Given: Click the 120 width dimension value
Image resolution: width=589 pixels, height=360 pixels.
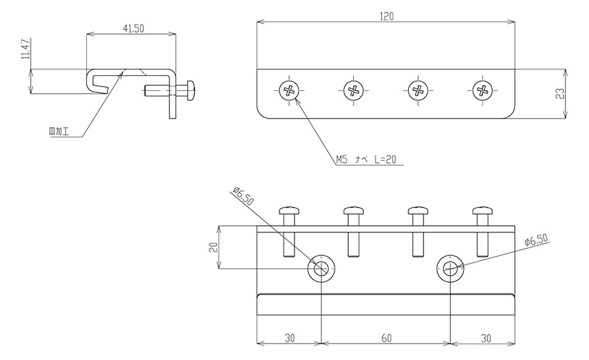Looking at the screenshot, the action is point(387,16).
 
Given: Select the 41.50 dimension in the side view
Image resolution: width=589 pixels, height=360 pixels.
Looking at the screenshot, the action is point(134,29).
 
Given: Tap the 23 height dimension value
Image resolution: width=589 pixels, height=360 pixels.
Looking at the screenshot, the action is point(560,93).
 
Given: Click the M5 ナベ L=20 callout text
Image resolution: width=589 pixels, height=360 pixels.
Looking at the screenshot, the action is point(366,160).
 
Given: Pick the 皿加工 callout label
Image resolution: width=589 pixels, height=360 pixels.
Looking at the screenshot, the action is point(59,132).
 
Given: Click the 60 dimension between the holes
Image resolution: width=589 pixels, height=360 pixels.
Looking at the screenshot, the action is point(386,338).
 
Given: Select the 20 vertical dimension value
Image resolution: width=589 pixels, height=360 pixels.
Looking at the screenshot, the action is point(213,247).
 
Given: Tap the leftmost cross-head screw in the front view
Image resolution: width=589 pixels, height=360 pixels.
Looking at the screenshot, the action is point(289,90).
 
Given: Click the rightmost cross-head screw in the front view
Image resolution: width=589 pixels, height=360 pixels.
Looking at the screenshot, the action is point(483,90).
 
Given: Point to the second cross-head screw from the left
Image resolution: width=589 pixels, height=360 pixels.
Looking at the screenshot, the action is point(353,90).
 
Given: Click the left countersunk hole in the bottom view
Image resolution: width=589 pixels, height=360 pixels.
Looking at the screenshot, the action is point(321,268).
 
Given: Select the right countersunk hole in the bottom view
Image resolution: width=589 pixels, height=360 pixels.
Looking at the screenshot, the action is point(450,268).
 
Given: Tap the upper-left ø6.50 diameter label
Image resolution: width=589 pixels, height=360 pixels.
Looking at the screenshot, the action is point(243,196).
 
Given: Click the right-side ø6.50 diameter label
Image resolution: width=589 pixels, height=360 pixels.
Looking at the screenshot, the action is point(537,240).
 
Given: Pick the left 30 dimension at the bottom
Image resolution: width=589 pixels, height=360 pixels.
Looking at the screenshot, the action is point(289,338).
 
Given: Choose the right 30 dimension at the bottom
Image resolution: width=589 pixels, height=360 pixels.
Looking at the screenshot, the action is point(486,338).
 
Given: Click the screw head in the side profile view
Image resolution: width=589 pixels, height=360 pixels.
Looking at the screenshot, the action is point(190,90).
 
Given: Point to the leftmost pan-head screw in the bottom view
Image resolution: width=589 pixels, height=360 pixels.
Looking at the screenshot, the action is point(289,232).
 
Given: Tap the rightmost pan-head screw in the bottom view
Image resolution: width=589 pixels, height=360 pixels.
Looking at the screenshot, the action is point(483,232).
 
